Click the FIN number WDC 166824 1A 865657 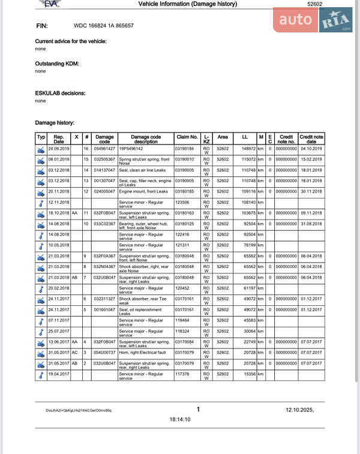[x=103, y=26]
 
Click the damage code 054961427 [x=104, y=149]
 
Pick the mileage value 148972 [x=248, y=149]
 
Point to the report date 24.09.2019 [x=59, y=149]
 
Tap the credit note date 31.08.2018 [x=311, y=224]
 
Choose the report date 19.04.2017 [x=59, y=374]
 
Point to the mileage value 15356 [x=248, y=374]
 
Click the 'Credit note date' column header [x=311, y=139]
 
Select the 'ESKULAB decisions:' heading [x=60, y=93]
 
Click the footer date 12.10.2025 [x=299, y=410]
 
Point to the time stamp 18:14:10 [x=179, y=419]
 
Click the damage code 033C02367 [x=104, y=224]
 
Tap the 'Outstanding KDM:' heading [x=58, y=63]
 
